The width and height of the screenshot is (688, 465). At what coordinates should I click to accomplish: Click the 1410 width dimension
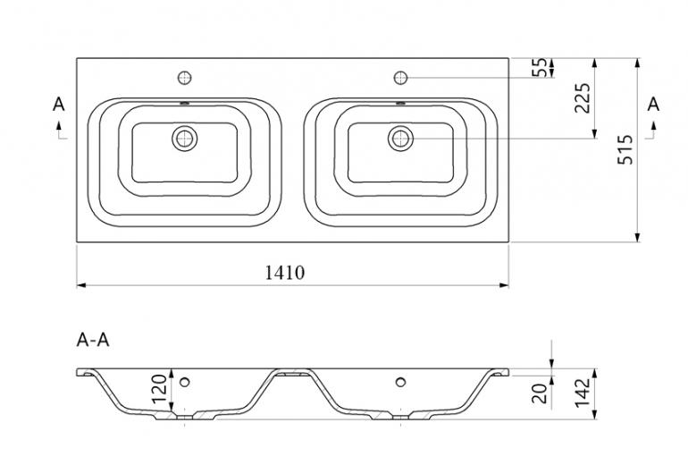284,273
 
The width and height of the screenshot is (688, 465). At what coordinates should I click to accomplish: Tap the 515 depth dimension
625,149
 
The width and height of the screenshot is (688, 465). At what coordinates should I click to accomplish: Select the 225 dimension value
583,97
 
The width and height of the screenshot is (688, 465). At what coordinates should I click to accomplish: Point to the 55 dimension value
540,68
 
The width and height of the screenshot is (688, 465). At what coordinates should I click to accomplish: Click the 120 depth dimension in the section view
159,389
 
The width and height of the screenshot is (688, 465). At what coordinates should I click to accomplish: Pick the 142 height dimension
583,393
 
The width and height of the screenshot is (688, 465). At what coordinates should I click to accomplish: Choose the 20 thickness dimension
540,393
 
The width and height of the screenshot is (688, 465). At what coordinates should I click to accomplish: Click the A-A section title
93,340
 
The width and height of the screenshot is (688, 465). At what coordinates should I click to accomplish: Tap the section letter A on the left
58,105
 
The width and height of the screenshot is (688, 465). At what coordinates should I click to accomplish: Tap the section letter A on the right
653,105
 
